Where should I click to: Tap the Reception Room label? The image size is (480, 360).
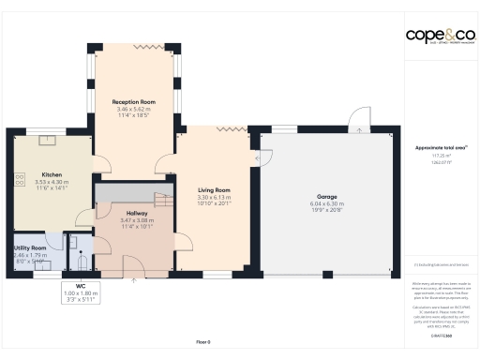(133, 101)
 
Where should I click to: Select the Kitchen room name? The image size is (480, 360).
(52, 174)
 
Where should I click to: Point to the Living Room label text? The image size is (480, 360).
(215, 190)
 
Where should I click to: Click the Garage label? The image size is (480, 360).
(327, 197)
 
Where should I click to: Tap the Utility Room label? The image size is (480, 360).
(30, 247)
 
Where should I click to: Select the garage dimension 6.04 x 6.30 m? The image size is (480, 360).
(327, 203)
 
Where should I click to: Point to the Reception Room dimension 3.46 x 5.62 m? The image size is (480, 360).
(133, 108)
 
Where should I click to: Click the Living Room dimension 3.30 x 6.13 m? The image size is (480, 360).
(215, 197)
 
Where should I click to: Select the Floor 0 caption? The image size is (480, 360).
(202, 341)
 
